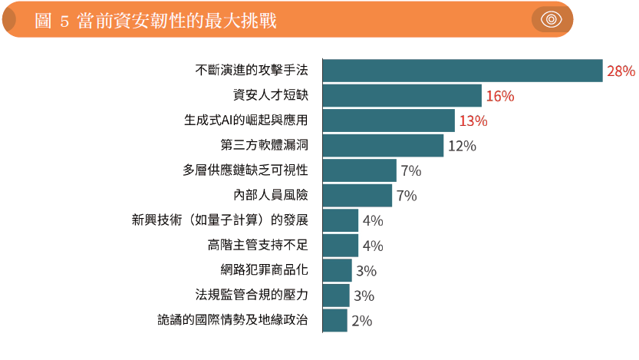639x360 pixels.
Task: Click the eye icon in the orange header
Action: point(552,20)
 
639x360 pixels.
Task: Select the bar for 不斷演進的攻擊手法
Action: point(462,71)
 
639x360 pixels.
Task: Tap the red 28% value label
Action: point(621,71)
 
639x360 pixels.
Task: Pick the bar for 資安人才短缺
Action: point(401,95)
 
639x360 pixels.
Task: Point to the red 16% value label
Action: point(499,96)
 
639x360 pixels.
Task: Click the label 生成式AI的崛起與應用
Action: point(245,121)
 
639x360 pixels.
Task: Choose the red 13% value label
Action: point(473,121)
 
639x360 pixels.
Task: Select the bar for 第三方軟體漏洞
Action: point(383,145)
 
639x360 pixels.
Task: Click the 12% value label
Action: point(462,145)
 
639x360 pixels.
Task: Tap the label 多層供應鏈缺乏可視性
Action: point(245,170)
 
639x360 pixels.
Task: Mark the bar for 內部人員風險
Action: point(357,195)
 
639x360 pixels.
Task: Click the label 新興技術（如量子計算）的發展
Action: point(220,220)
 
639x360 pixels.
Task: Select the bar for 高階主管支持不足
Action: point(340,245)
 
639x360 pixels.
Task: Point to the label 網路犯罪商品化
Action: point(264,270)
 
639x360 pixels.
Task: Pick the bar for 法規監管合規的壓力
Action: point(335,295)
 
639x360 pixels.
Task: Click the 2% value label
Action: point(361,321)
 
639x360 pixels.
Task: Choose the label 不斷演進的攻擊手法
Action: point(252,71)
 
